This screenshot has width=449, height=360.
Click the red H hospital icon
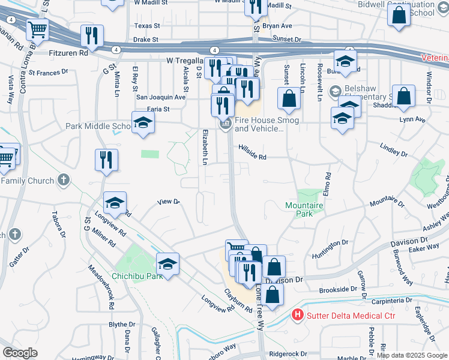297,315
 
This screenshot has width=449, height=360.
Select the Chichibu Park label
137,277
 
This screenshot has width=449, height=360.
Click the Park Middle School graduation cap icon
143,123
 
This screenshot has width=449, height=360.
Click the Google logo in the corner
20,353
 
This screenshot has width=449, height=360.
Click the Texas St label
147,26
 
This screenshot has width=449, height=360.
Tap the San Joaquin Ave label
161,97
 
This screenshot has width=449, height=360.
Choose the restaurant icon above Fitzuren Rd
92,35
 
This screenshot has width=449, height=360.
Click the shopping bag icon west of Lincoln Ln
289,98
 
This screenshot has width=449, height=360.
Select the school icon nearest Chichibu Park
167,264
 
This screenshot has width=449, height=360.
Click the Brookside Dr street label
339,289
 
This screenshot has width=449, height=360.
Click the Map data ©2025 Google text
412,355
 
